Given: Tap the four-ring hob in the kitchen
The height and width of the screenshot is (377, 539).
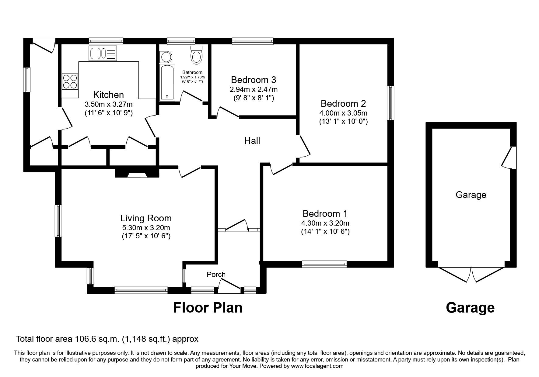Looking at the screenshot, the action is pos(70,81).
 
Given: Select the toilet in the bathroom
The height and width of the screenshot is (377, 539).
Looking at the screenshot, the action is pos(197,54).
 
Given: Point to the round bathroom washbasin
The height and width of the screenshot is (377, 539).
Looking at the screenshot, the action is pos(166,57).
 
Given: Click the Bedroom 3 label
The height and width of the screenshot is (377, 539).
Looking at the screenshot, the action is pos(254,80).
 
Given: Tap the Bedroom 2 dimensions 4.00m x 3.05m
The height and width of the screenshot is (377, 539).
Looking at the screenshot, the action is pos(343,113).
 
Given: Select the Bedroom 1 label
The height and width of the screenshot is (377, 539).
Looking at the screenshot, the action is pos(325,213).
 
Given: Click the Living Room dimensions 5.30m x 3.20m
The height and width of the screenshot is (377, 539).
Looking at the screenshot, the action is pos(146,228).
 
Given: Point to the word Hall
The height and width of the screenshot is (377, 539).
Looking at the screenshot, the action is pos(252,141).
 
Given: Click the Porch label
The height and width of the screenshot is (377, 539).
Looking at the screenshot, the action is pos(216,275).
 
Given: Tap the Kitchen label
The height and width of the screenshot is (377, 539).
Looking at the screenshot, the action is pos(108,95).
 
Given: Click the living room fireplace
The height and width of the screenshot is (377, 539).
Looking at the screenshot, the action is pos(137,173).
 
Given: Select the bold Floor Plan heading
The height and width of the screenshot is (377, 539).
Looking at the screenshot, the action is pos(208,308).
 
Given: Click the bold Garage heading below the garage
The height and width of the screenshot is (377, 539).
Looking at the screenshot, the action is pos(470,308).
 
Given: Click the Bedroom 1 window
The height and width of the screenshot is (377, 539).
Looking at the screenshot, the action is pos(324,264).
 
